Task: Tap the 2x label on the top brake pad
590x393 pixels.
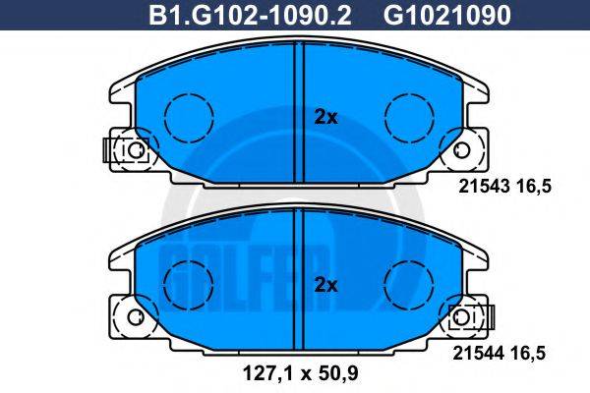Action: tap(325, 117)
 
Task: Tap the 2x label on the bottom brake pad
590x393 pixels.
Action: tap(325, 286)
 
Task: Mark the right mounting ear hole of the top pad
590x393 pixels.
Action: tap(461, 149)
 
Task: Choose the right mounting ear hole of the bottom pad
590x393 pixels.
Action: tap(461, 318)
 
